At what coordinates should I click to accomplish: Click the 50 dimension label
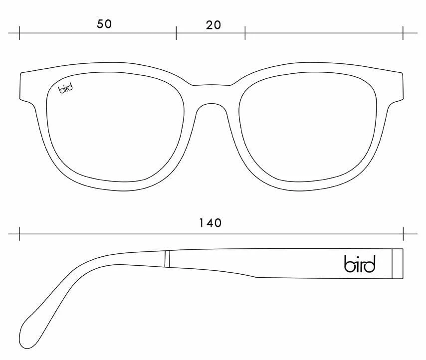tap(104, 24)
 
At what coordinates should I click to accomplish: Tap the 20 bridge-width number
tap(213, 25)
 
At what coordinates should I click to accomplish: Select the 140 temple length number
tap(211, 223)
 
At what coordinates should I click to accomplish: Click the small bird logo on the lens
tap(66, 89)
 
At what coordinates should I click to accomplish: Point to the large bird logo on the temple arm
tap(360, 263)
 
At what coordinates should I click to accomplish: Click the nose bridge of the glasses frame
tap(212, 95)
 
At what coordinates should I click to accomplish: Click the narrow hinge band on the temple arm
tap(167, 259)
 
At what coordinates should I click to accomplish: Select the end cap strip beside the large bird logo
tap(398, 263)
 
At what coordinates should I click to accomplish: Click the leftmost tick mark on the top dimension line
tap(19, 33)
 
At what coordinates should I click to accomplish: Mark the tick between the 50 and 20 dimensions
tap(176, 33)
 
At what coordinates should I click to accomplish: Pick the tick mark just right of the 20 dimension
tap(245, 33)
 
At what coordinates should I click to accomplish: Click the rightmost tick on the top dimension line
tap(403, 33)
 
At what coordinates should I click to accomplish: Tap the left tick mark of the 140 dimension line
tap(19, 234)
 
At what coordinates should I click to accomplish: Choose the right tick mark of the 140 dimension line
tap(403, 234)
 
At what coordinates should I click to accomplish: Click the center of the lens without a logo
tap(308, 127)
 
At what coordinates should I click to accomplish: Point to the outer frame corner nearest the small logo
tap(21, 73)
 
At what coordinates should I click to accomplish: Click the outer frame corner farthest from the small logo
tap(402, 73)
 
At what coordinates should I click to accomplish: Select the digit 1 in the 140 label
tap(201, 223)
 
